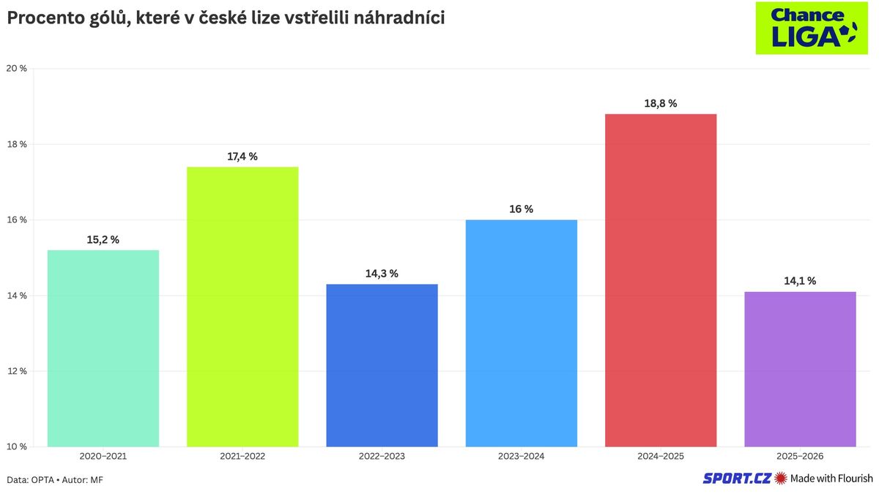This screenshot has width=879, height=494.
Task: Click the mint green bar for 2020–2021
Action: click(x=103, y=348)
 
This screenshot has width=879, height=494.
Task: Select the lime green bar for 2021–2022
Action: click(x=242, y=307)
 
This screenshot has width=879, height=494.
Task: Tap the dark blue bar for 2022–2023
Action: click(x=382, y=365)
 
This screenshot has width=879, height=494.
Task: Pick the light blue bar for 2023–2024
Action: click(x=522, y=333)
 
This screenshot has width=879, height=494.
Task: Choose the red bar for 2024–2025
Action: click(x=661, y=280)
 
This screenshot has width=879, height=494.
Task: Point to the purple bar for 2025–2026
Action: click(x=800, y=369)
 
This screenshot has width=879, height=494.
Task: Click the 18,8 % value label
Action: click(x=661, y=103)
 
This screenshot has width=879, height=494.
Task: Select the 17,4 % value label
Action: click(x=242, y=156)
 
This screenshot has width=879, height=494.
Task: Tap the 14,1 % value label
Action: click(x=800, y=280)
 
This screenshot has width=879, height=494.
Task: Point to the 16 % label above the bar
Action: click(x=522, y=209)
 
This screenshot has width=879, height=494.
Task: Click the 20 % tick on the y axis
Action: click(x=17, y=69)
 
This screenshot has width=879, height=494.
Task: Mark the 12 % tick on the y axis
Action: click(x=17, y=371)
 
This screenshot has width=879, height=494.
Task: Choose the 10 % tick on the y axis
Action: click(x=17, y=446)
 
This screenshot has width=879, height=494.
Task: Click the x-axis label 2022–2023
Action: click(x=382, y=457)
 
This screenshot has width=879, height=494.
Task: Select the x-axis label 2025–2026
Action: click(x=800, y=457)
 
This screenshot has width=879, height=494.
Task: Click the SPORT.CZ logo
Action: click(x=737, y=479)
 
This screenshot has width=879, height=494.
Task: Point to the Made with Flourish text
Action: click(x=831, y=479)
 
